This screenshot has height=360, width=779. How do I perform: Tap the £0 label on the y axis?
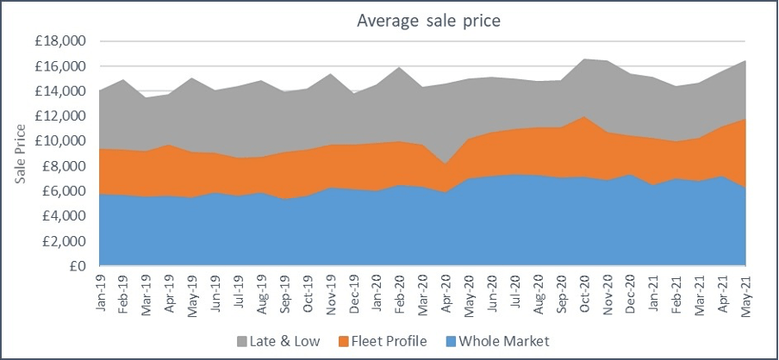pos(79,267)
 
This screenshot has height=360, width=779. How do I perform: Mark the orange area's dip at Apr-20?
pos(445,164)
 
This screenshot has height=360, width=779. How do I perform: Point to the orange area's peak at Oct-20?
pos(583,116)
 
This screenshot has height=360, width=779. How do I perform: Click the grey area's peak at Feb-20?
pos(399,67)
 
